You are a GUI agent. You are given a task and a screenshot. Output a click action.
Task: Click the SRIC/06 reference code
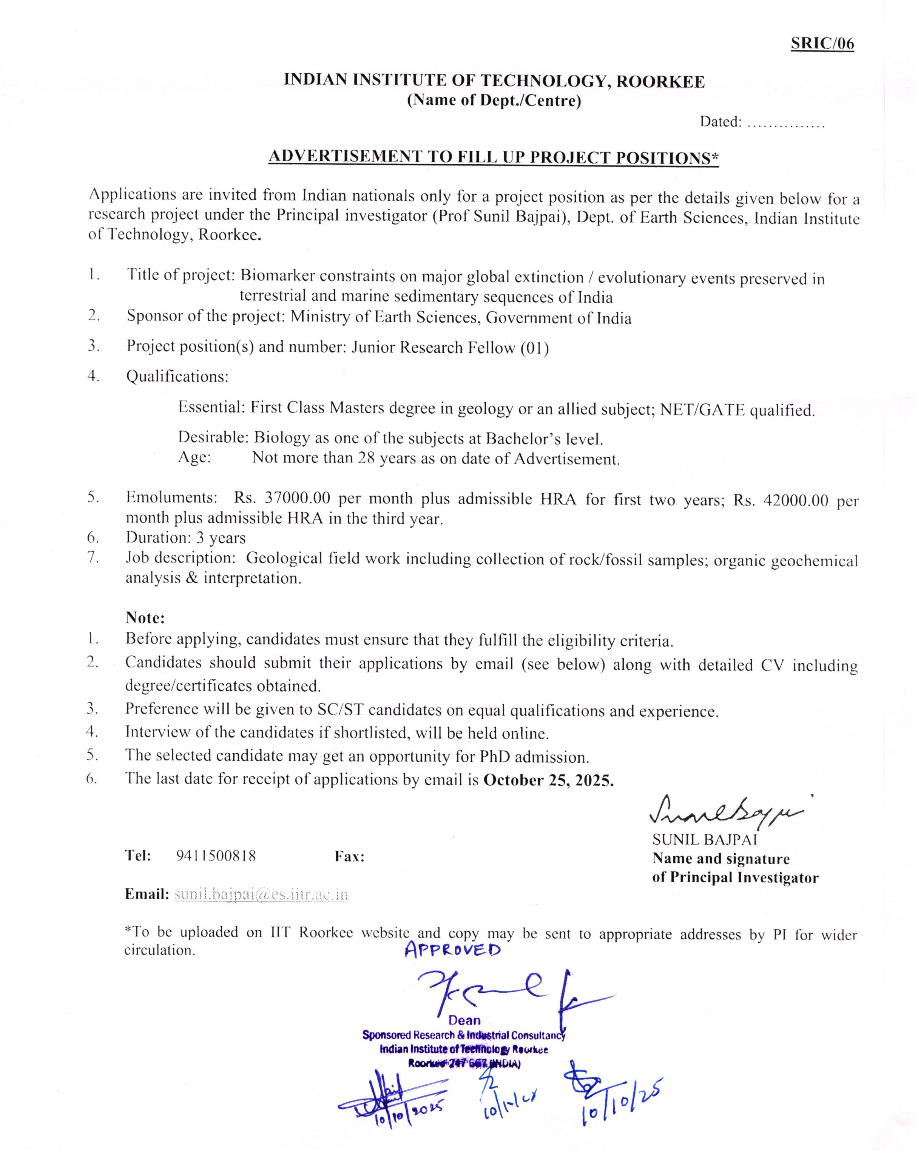pos(822,43)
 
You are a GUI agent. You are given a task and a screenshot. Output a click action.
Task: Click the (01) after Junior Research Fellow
pos(534,348)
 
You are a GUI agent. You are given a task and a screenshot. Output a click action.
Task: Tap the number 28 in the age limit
pos(366,458)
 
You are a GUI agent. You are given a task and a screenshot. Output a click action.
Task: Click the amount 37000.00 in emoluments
pos(298,498)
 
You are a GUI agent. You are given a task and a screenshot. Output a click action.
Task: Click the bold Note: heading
pos(145,618)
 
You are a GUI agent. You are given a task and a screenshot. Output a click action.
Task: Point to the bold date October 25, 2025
pos(548,780)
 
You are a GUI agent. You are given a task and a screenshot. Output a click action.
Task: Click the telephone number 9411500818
pos(216,856)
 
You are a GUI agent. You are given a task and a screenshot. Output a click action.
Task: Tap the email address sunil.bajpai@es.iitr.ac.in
pos(261,894)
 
